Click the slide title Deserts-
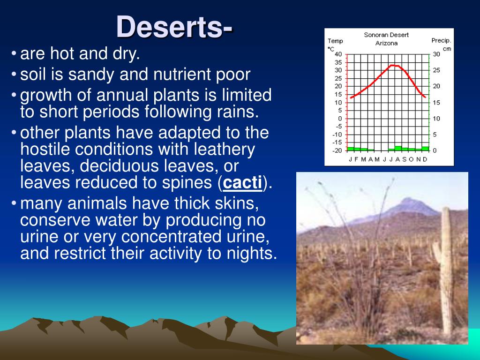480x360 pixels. pyautogui.click(x=174, y=27)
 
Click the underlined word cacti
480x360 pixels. pyautogui.click(x=242, y=184)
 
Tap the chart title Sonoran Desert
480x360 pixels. pyautogui.click(x=386, y=35)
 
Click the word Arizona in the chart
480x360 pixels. pyautogui.click(x=386, y=43)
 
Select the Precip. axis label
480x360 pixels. pyautogui.click(x=441, y=40)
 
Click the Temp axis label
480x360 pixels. pyautogui.click(x=335, y=41)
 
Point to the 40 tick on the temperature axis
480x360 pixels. pyautogui.click(x=338, y=54)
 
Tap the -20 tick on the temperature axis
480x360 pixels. pyautogui.click(x=337, y=150)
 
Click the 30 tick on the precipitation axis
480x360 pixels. pyautogui.click(x=436, y=54)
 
